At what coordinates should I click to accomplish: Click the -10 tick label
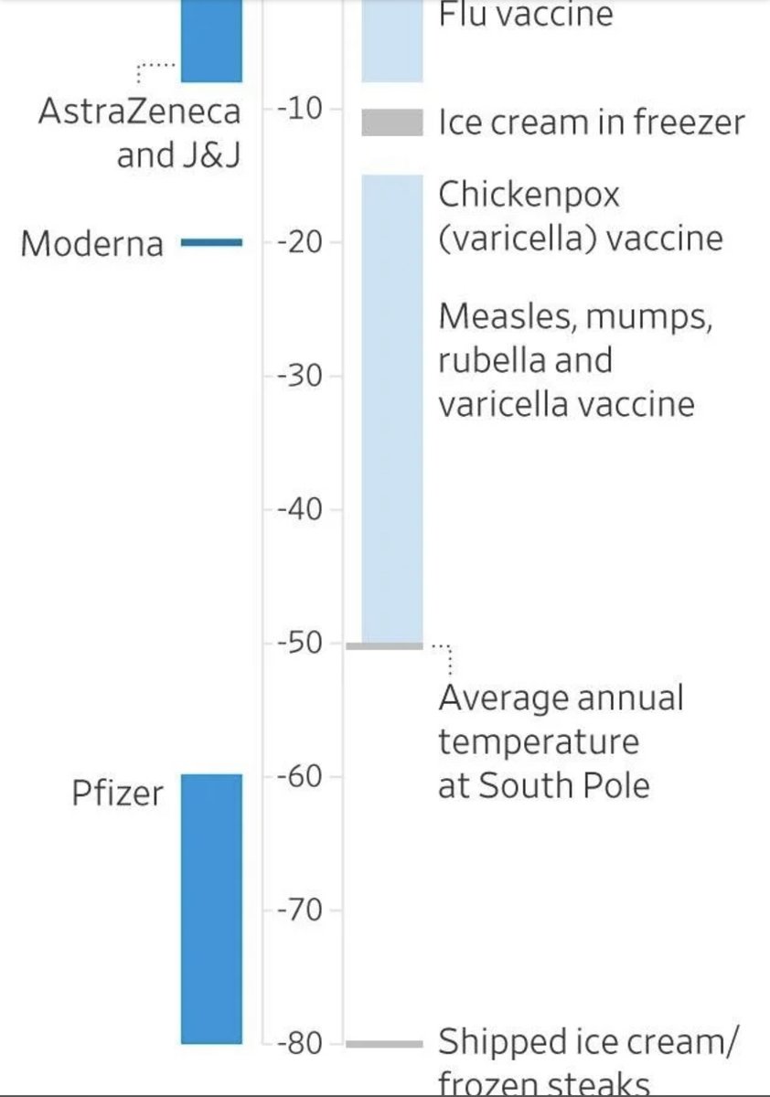[x=297, y=110]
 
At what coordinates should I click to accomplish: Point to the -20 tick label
[x=297, y=242]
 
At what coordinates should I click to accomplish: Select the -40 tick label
[x=297, y=509]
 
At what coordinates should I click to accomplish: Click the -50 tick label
[x=297, y=644]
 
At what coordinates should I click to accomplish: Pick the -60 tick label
[x=297, y=777]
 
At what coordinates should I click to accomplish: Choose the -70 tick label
[x=297, y=911]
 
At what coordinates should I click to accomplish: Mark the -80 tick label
[x=297, y=1043]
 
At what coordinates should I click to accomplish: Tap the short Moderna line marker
[x=211, y=242]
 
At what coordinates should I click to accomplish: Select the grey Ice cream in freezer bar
[x=392, y=122]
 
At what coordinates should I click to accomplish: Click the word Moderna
[x=91, y=244]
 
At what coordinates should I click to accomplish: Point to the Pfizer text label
[x=117, y=793]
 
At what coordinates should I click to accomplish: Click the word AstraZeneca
[x=140, y=112]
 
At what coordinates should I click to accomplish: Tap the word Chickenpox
[x=529, y=195]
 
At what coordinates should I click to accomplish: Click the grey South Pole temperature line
[x=384, y=645]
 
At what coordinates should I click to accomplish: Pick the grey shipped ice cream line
[x=384, y=1043]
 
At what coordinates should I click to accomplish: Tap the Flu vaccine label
[x=525, y=15]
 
